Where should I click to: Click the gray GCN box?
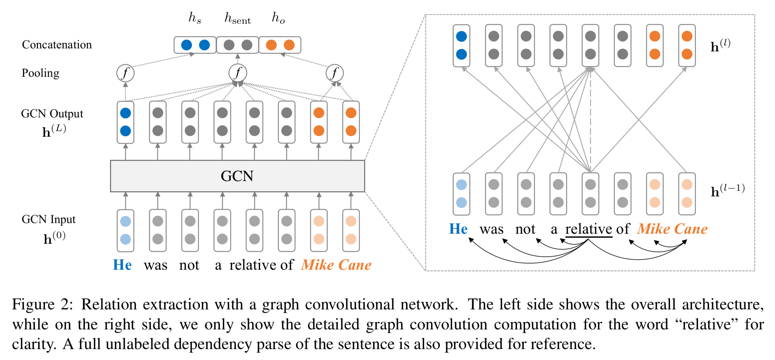click(x=237, y=176)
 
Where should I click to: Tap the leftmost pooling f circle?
click(x=125, y=73)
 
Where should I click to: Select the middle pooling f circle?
click(x=238, y=73)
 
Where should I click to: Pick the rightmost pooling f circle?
click(x=335, y=73)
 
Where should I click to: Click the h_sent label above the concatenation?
click(x=238, y=18)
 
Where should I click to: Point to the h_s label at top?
click(x=195, y=18)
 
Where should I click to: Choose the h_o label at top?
click(x=278, y=18)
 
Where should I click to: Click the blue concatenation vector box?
click(x=195, y=45)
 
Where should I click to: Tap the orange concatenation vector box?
click(x=280, y=45)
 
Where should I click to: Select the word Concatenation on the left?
click(x=57, y=45)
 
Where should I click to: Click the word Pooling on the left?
click(x=40, y=73)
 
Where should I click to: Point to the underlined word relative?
click(x=588, y=229)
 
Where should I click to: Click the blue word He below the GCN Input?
click(x=122, y=265)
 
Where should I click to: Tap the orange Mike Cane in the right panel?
click(x=672, y=229)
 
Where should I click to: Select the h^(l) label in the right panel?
click(x=720, y=46)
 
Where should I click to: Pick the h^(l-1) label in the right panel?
click(x=727, y=190)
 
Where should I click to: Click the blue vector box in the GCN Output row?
click(x=125, y=122)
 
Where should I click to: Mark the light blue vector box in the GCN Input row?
click(x=125, y=230)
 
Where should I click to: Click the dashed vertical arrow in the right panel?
click(x=590, y=120)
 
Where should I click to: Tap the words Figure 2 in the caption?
click(x=42, y=305)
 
